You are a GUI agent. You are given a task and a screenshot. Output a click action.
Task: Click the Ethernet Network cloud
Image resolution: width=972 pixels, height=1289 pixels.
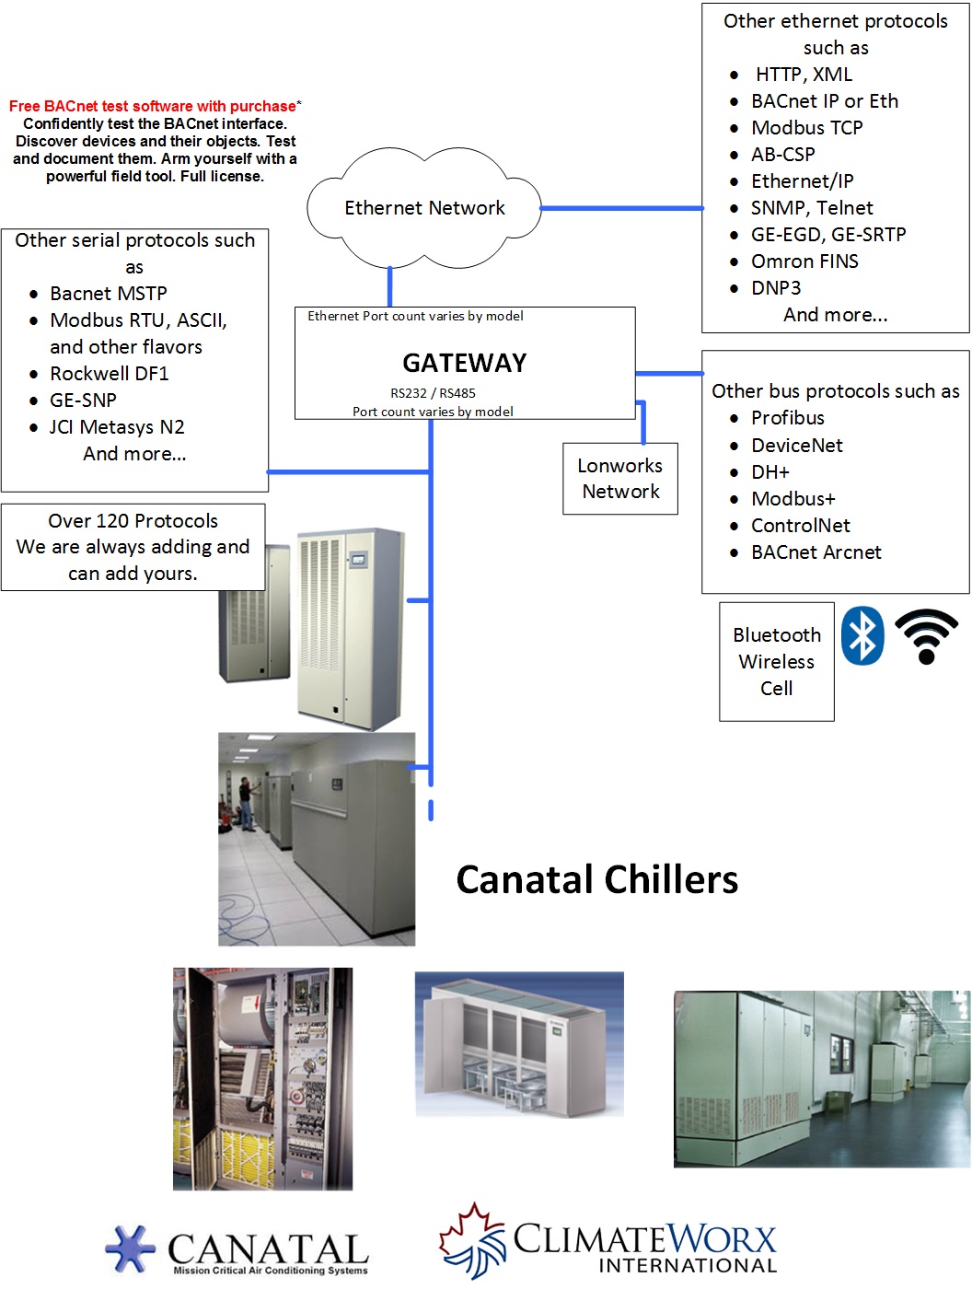pos(424,208)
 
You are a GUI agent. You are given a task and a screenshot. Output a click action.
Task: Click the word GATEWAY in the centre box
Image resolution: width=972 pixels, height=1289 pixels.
pos(464,363)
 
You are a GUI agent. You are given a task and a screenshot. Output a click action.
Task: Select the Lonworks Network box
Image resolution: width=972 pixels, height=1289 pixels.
pos(620,479)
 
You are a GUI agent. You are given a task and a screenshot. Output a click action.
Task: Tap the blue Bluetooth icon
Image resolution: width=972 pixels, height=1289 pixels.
pos(863,635)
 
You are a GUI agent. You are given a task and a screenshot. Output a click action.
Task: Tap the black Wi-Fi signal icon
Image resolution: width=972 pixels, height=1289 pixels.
pos(926,636)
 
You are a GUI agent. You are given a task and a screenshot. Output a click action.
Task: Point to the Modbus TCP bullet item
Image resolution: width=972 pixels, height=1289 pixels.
pos(806,128)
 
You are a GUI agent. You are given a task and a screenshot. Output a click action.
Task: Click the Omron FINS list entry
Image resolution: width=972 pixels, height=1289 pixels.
pos(804,261)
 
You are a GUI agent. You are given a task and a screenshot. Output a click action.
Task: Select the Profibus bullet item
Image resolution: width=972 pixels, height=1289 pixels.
pos(787,418)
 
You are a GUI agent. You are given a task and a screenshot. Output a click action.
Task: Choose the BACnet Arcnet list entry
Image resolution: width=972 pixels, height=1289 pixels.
pos(816,552)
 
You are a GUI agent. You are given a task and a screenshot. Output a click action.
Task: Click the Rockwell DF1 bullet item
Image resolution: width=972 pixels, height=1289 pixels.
pos(109,374)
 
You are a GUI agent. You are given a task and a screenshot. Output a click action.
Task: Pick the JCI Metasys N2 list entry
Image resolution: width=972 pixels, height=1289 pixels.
pos(117,427)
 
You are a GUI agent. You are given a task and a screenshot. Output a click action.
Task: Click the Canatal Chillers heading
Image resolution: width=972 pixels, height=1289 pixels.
pos(596,879)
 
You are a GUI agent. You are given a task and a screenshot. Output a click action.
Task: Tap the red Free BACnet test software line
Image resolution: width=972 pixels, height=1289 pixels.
pos(153,107)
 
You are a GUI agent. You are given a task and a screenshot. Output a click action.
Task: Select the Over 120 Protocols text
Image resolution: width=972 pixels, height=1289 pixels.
pos(133,521)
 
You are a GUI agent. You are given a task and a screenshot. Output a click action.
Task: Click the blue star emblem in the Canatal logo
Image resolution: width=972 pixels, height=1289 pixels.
pos(131,1248)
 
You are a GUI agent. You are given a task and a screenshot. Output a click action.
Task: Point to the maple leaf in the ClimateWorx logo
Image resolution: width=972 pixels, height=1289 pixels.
pos(472,1238)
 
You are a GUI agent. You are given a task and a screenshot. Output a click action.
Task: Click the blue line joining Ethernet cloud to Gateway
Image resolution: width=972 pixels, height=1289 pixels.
pos(390,286)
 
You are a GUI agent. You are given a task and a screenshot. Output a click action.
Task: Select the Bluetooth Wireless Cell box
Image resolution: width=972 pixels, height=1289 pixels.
pos(777,661)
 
